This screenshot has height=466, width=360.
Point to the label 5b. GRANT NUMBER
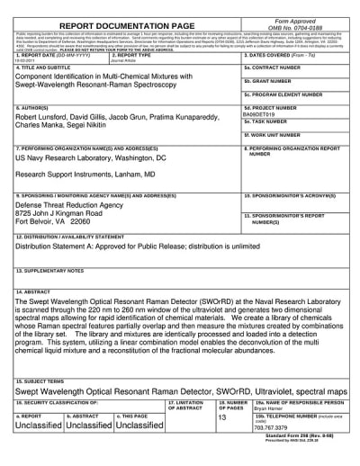[x=266, y=81]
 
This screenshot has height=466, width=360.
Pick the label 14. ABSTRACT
[x=35, y=292]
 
